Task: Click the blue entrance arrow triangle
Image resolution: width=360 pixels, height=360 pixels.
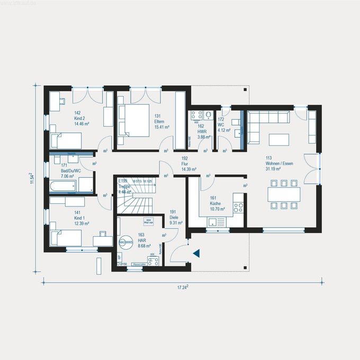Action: (x=196, y=254)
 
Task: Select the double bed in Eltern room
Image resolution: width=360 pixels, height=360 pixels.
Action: (x=133, y=121)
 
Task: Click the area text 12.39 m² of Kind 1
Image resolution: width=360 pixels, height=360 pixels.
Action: (x=81, y=223)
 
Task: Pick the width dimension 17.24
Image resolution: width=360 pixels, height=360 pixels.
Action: (x=183, y=287)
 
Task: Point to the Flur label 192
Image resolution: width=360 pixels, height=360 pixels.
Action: (x=185, y=158)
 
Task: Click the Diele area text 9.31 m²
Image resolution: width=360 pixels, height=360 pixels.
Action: (x=175, y=223)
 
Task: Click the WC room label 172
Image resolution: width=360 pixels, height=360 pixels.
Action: (x=221, y=120)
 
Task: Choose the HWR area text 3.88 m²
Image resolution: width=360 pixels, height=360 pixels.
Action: (x=204, y=137)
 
